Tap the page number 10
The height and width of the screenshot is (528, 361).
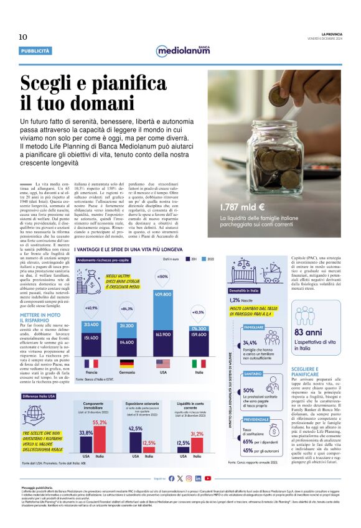(x=23, y=37)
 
